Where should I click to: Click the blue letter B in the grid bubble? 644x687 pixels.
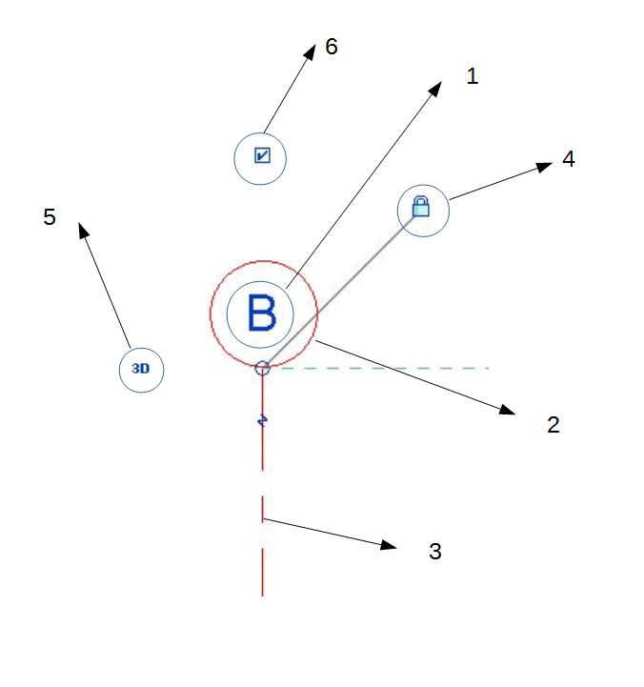pyautogui.click(x=261, y=313)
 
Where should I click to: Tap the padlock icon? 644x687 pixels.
pyautogui.click(x=421, y=206)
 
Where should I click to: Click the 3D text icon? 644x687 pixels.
pyautogui.click(x=140, y=369)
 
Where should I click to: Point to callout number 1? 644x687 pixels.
pyautogui.click(x=472, y=76)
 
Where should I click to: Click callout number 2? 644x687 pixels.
pyautogui.click(x=553, y=425)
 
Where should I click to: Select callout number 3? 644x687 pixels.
pyautogui.click(x=434, y=551)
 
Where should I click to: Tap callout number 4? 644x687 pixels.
pyautogui.click(x=568, y=159)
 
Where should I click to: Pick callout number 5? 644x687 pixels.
pyautogui.click(x=50, y=217)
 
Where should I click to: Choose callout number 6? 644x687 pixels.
pyautogui.click(x=332, y=47)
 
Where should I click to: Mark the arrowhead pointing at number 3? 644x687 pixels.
pyautogui.click(x=389, y=545)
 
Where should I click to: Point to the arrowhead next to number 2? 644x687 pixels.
pyautogui.click(x=508, y=412)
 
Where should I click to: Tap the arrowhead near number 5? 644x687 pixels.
pyautogui.click(x=83, y=230)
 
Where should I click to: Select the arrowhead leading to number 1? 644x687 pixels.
pyautogui.click(x=436, y=88)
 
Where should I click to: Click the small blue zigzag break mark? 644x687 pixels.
pyautogui.click(x=262, y=419)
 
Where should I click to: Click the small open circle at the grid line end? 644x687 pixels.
pyautogui.click(x=263, y=368)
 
